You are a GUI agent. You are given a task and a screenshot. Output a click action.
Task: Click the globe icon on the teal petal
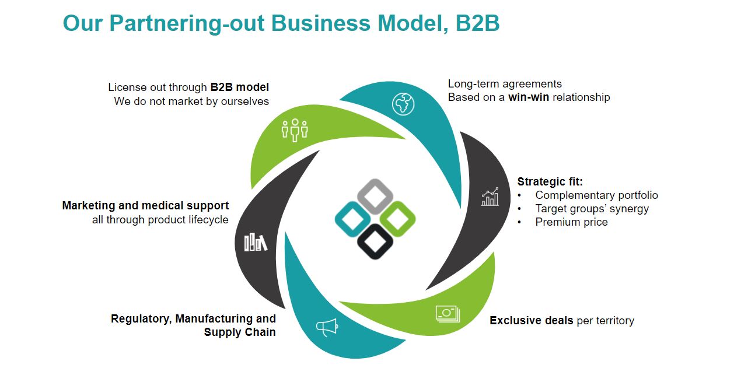pos(403,104)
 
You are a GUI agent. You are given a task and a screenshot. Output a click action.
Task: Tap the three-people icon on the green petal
pos(295,129)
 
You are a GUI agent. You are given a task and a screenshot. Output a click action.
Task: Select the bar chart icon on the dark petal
pos(490,197)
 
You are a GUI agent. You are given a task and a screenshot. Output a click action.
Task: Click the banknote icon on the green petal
pos(448,314)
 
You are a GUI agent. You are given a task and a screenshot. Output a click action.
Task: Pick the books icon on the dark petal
pos(256,242)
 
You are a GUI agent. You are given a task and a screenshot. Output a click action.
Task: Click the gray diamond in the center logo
pos(375,195)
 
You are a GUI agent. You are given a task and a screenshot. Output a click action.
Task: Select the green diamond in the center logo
pos(398,219)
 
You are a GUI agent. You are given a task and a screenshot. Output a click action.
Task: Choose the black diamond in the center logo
pos(375,241)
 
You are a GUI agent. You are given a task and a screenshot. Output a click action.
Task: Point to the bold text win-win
pos(529,97)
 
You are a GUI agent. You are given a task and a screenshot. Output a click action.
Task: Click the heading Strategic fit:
pos(550,182)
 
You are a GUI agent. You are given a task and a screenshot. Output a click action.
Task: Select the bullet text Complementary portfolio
pos(596,195)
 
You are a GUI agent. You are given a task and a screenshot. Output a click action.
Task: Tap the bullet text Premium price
pos(571,222)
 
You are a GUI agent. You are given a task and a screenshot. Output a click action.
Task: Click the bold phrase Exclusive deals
pos(532,321)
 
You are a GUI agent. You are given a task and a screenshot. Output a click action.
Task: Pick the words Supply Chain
pos(240,332)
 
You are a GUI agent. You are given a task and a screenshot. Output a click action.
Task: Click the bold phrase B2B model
pos(239,87)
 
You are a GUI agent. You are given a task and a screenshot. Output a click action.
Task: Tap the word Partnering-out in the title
pos(187,23)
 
